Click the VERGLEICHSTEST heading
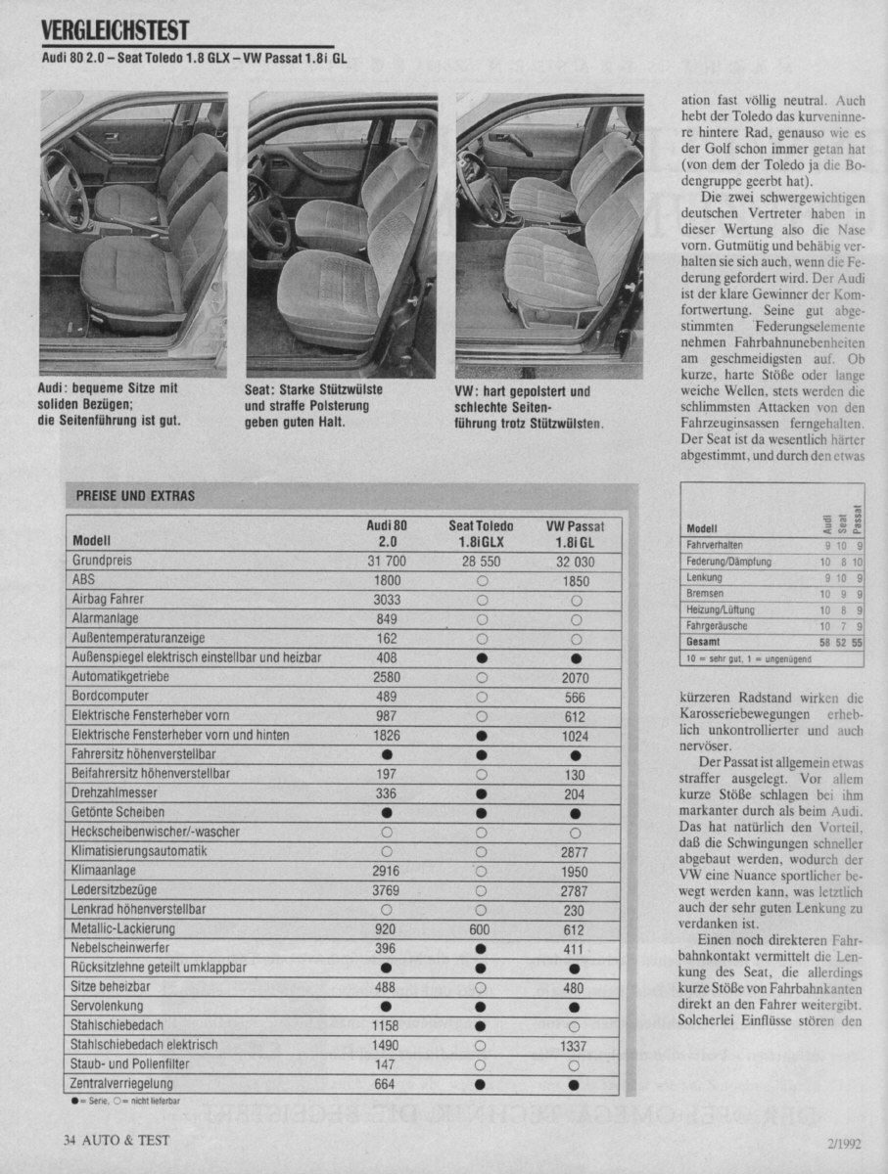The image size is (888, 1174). [116, 31]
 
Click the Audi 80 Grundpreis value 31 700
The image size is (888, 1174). [387, 562]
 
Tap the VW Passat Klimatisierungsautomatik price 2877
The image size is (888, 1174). [575, 851]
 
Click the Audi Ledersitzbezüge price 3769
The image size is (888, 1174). [387, 890]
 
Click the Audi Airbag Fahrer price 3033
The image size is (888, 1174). [387, 600]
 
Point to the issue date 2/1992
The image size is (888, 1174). [842, 1142]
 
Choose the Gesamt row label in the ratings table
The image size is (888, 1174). [703, 642]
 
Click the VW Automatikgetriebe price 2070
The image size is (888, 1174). [575, 677]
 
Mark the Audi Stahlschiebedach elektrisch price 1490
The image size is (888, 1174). [387, 1045]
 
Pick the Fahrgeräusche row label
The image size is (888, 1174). [717, 625]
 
